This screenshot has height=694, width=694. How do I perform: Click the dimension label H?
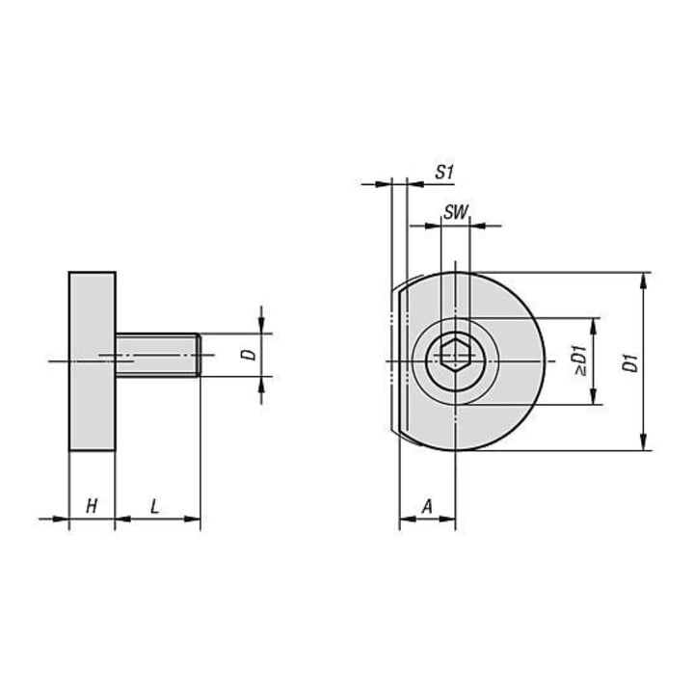click(x=92, y=506)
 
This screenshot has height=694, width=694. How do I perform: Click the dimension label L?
click(x=154, y=506)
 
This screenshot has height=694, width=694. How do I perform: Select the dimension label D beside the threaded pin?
click(x=251, y=354)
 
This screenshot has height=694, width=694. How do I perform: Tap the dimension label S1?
click(x=444, y=172)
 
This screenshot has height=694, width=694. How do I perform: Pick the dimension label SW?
click(x=456, y=212)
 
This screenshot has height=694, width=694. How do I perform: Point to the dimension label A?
click(x=427, y=506)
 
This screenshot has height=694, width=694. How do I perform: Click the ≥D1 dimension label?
click(x=580, y=360)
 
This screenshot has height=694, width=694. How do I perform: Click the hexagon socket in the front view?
click(x=455, y=354)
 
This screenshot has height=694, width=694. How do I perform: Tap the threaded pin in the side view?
click(x=158, y=355)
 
